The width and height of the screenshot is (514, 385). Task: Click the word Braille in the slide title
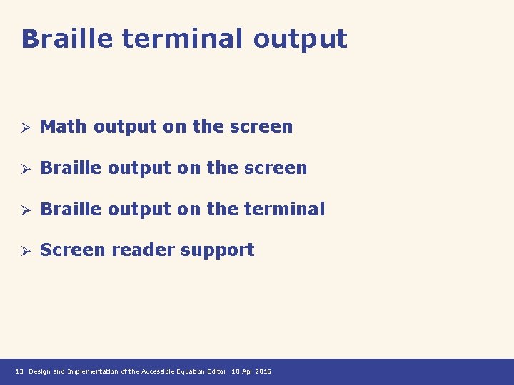(x=67, y=38)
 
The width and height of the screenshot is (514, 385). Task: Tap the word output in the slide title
(x=300, y=40)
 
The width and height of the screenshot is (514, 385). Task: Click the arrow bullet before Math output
(x=24, y=128)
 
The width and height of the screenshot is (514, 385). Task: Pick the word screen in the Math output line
(x=261, y=127)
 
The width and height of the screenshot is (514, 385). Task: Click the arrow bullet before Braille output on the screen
(x=24, y=169)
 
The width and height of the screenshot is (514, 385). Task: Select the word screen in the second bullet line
(x=276, y=168)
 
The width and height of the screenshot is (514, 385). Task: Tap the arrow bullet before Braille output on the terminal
(x=24, y=210)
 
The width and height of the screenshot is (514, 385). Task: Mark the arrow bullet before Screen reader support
(x=24, y=251)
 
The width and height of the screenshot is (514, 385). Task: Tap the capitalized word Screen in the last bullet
(x=70, y=250)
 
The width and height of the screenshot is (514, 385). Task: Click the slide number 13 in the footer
(x=19, y=371)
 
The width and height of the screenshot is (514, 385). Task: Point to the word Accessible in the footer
(x=159, y=371)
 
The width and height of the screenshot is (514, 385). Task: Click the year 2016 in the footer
(x=263, y=371)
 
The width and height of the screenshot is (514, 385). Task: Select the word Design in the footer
(x=39, y=371)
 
